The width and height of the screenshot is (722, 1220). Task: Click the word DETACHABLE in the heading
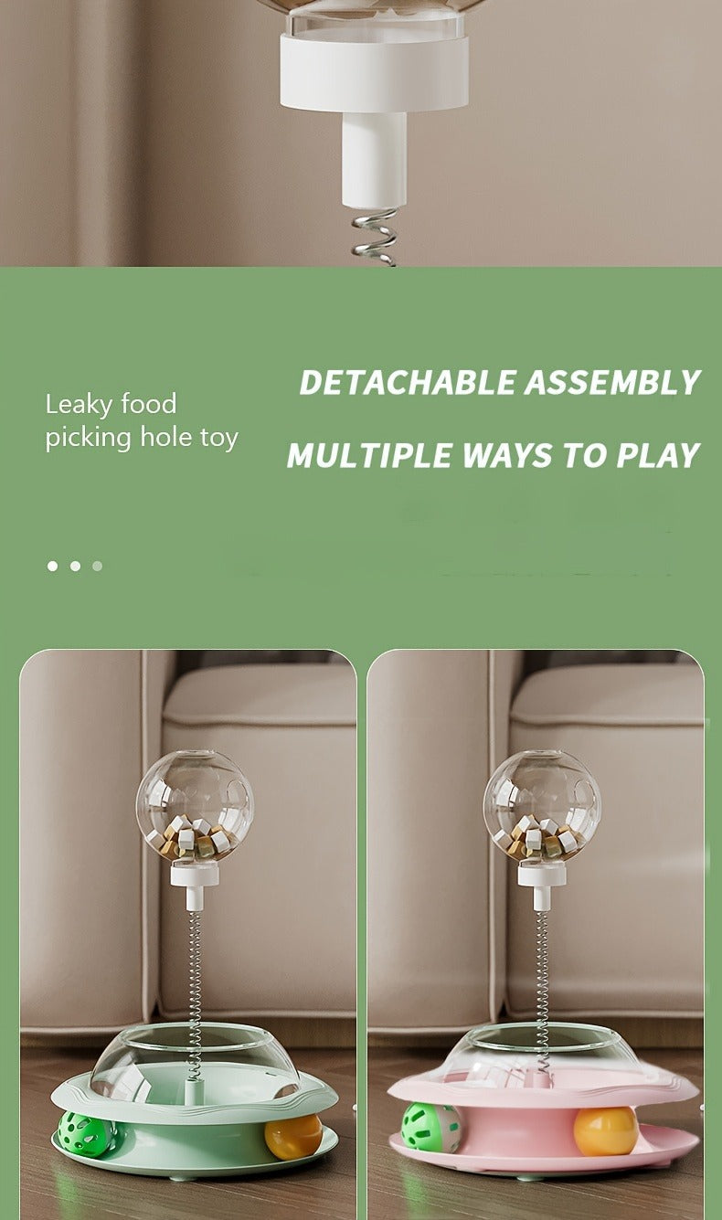point(406,382)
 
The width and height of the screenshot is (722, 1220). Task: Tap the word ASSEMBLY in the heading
point(612,382)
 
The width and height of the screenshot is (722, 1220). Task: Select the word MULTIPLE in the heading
point(368,455)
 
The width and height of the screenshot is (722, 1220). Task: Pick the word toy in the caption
point(219,439)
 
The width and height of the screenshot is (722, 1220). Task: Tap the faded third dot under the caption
point(98,566)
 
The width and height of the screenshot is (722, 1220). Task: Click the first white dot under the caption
point(52,566)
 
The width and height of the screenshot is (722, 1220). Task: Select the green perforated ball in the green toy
point(87,1130)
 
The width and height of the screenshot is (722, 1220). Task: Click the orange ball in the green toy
point(293,1136)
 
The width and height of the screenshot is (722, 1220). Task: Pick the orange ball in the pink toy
point(605,1130)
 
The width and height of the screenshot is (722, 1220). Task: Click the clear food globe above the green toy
point(195,807)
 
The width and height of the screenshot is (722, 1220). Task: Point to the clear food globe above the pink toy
point(542,807)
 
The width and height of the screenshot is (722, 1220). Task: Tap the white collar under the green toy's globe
point(195,875)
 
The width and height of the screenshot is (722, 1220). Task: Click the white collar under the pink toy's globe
point(542,875)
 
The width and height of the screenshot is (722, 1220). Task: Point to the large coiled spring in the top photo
point(375,238)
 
